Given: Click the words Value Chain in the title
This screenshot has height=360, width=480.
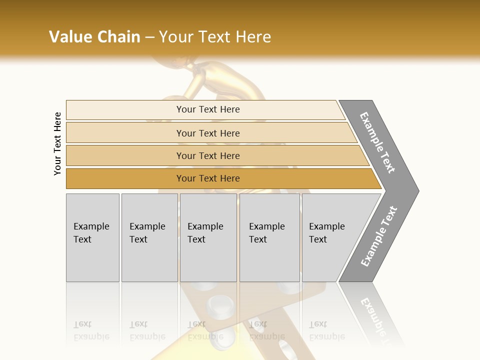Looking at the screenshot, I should coord(94,37).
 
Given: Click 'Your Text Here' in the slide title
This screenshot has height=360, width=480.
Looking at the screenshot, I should coord(215,37).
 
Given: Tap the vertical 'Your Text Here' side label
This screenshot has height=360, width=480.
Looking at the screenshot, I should coord(57,144).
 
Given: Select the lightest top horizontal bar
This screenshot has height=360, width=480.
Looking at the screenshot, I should coord(207,109).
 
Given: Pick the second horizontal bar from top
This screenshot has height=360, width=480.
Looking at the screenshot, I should coord(207,133).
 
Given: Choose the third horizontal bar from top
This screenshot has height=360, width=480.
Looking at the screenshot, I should coord(207,155).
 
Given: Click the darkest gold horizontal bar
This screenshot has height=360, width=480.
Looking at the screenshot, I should coord(207,178).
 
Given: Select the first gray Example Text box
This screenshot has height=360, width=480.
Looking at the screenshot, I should coord(92,237).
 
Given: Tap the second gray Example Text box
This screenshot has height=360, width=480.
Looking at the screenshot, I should coord(149,237).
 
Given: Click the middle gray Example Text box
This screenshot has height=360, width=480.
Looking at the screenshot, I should coord(208,237).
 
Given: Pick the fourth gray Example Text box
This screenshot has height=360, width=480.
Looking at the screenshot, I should coord(269,237).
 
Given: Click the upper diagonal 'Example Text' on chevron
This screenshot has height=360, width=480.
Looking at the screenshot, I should coord(377,142).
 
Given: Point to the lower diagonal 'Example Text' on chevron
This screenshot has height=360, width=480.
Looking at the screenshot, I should coord(378,236).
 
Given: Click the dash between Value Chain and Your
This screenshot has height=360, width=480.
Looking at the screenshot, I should coord(149,37).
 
